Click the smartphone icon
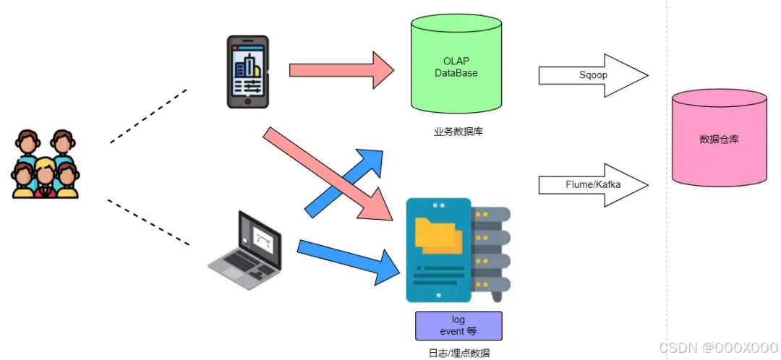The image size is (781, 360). pyautogui.click(x=247, y=72)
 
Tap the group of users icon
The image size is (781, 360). pyautogui.click(x=45, y=164)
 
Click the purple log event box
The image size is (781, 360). pyautogui.click(x=458, y=325)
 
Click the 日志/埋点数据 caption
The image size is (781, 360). pyautogui.click(x=458, y=353)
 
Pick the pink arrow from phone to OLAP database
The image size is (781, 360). pyautogui.click(x=340, y=70)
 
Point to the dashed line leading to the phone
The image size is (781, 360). pyautogui.click(x=148, y=116)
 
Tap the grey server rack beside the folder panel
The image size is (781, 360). pyautogui.click(x=492, y=249)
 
